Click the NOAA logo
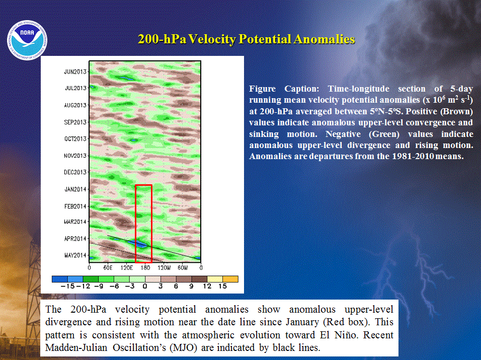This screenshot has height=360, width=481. (x=27, y=40)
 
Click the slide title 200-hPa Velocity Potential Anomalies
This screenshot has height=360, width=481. (x=247, y=39)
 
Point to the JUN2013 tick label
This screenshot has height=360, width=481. (x=75, y=72)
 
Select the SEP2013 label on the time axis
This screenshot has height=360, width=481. (x=75, y=122)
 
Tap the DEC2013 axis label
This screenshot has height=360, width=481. (x=75, y=172)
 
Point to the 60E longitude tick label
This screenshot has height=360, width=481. (x=108, y=268)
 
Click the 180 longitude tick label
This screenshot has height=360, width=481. (x=145, y=268)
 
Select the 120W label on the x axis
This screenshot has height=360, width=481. (x=164, y=268)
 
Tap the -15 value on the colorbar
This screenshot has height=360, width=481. (x=68, y=286)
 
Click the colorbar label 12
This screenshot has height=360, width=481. (x=207, y=286)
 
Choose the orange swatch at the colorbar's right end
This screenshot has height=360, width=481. (x=230, y=279)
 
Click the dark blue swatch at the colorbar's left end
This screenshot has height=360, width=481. (x=60, y=279)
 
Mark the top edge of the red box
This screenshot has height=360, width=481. (x=143, y=185)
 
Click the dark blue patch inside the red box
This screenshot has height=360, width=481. (x=139, y=244)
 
